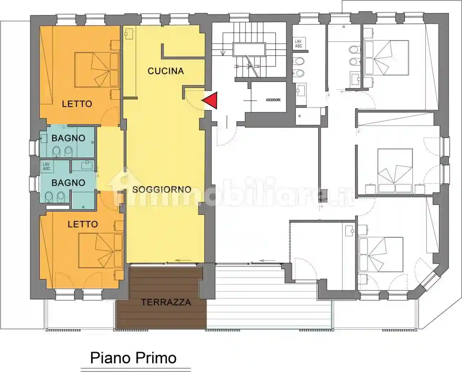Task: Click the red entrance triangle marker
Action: click(x=210, y=100)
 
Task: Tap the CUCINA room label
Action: click(x=165, y=71)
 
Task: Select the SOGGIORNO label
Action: click(x=162, y=190)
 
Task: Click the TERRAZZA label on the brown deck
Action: click(x=166, y=302)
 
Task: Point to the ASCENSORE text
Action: click(x=273, y=100)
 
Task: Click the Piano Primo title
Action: click(x=133, y=358)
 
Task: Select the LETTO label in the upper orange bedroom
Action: click(x=77, y=104)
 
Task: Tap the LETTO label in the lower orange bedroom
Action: click(x=83, y=224)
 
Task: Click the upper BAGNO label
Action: click(x=68, y=138)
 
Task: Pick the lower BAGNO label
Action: click(x=68, y=182)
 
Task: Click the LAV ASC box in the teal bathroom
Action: click(x=46, y=167)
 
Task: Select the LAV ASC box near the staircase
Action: click(x=298, y=44)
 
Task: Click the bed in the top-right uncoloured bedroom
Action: click(x=387, y=58)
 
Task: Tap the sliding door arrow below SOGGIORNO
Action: click(x=182, y=261)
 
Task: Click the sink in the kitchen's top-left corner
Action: click(x=128, y=34)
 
